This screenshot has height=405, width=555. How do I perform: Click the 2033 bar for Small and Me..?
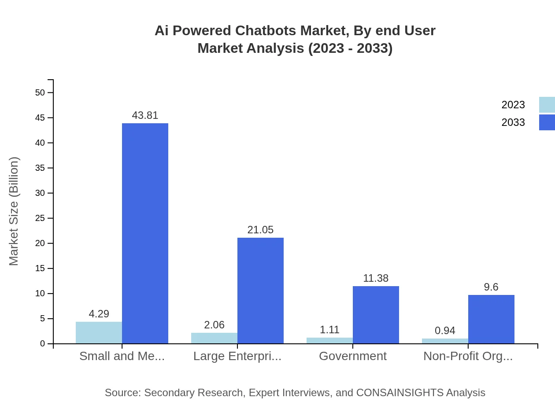[145, 233]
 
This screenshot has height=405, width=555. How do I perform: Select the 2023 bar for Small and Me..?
[99, 333]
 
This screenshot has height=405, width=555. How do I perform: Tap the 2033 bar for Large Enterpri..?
[260, 291]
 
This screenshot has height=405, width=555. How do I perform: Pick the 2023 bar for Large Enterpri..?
[214, 338]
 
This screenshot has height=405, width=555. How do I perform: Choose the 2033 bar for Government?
[376, 315]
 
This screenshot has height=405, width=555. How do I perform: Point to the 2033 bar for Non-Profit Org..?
[491, 319]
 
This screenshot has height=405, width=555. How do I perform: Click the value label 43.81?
[145, 115]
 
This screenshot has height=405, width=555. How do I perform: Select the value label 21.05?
[260, 230]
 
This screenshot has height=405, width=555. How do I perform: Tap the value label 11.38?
[376, 278]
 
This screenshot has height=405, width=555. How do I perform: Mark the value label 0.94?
[445, 331]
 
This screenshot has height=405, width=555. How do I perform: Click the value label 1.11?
[329, 330]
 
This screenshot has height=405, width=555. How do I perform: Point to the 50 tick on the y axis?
[40, 92]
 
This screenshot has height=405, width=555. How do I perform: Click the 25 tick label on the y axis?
[40, 218]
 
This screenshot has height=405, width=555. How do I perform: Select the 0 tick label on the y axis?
[43, 344]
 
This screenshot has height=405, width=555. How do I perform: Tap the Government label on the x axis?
[352, 356]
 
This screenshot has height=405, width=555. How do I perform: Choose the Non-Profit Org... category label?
[468, 356]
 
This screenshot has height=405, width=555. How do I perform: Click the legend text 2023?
[513, 105]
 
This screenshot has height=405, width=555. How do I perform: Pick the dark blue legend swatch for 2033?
[547, 122]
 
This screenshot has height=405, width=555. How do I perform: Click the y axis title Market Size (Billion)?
[14, 211]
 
